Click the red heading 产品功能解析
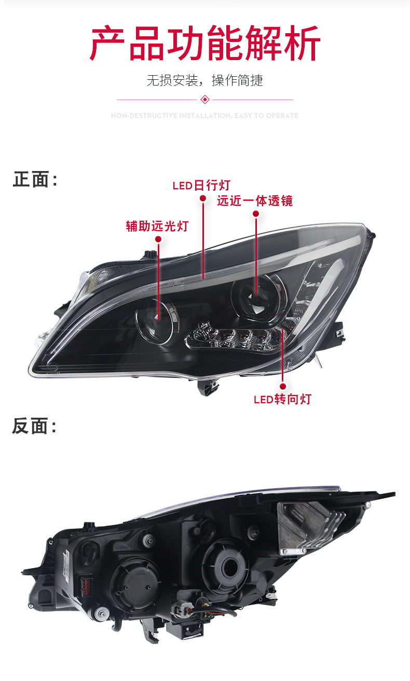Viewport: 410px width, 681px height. point(205,44)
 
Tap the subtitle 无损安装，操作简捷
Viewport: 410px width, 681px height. point(205,80)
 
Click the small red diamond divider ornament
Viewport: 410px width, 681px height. point(205,99)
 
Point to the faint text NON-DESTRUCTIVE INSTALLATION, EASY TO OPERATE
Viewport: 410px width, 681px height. point(205,116)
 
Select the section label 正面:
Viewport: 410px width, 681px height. point(34,180)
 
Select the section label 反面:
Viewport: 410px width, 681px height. point(34,427)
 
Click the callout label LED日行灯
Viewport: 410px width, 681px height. point(201,186)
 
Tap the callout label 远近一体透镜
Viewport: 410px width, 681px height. point(255,201)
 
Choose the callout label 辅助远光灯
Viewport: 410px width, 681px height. point(157,226)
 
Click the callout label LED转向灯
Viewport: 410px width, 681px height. point(282,399)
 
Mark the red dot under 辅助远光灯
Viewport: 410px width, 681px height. point(158,239)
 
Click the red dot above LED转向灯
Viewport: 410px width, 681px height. point(283,386)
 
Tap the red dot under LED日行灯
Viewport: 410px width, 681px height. point(203,198)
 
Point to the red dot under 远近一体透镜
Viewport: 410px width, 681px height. point(255,214)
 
